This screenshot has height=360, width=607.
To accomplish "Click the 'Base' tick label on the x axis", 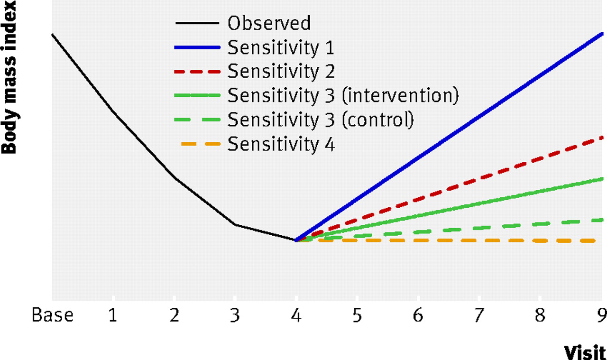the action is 53,315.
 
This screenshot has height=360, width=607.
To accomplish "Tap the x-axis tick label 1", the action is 113,315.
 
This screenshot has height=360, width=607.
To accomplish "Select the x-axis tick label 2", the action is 174,315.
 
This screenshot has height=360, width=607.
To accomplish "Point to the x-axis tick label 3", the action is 235,315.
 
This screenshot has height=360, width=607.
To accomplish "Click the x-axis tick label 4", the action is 296,315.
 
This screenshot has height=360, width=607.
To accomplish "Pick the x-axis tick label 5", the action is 357,315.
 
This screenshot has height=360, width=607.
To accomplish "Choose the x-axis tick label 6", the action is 418,315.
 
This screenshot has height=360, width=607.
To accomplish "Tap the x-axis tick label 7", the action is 479,315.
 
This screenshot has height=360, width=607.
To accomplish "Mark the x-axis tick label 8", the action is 540,315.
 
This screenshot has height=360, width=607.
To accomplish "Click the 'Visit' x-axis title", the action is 585,352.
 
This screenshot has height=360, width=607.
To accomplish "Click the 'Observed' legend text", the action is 269,23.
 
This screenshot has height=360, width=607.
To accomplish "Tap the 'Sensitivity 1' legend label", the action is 281,48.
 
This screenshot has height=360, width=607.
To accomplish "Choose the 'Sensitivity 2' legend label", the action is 281,71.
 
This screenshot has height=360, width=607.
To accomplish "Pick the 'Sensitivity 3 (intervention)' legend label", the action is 343,95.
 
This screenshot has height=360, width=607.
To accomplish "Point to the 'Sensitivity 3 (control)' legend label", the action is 321,120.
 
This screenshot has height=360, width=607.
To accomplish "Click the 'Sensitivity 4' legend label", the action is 281,144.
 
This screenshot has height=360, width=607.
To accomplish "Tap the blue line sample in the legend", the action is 197,48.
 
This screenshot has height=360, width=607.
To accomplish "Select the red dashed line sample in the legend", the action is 197,72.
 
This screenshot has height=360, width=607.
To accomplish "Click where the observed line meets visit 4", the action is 295,240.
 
